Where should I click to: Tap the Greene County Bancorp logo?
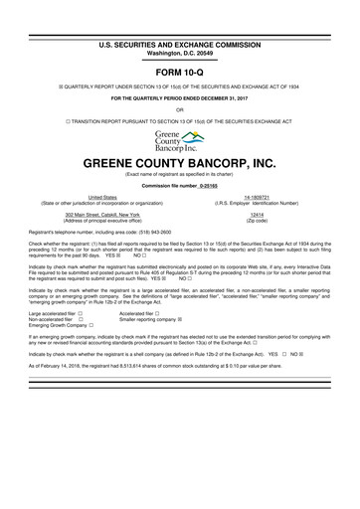point(179,140)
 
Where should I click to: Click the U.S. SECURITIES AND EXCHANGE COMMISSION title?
point(179,18)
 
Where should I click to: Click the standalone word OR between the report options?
point(179,109)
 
